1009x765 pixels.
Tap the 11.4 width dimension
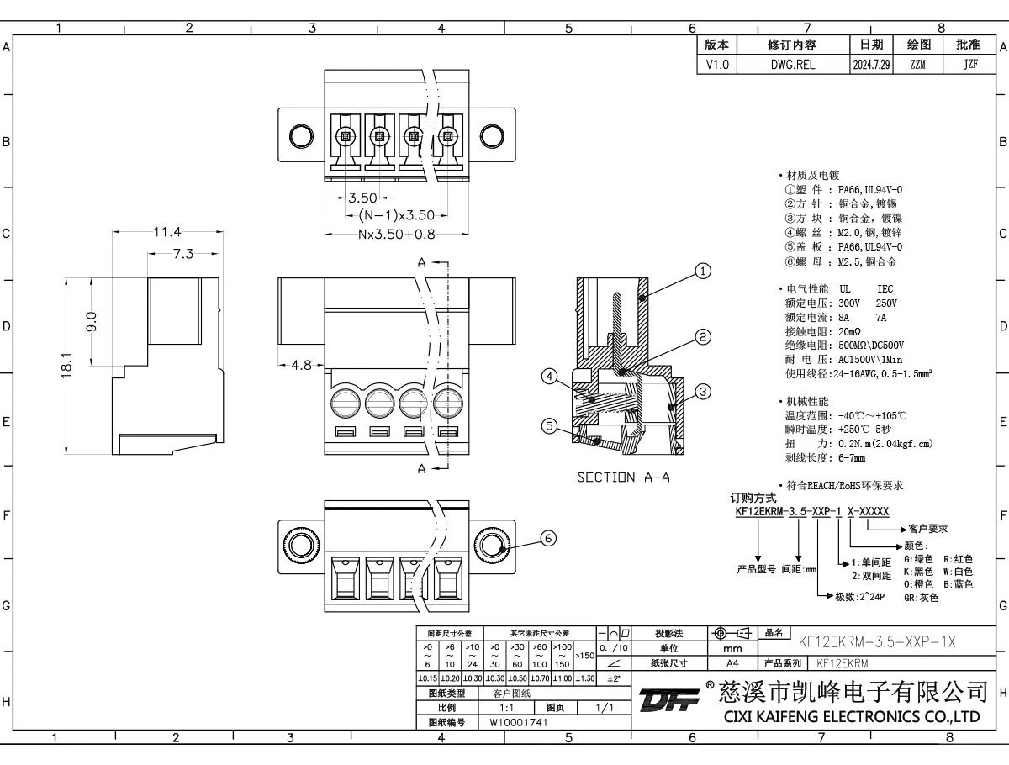click(167, 233)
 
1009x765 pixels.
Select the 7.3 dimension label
click(184, 253)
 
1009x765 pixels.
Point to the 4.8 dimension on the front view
click(300, 366)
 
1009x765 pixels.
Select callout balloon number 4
click(549, 377)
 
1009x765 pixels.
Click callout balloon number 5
click(549, 426)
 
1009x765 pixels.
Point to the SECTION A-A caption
click(622, 477)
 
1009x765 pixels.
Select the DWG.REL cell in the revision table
click(793, 63)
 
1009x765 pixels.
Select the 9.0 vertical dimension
click(92, 321)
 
